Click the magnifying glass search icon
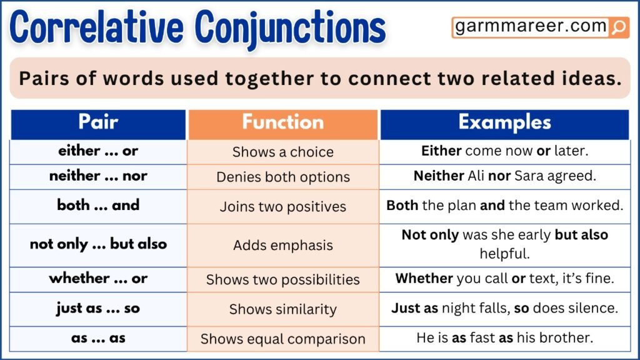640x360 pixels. [619, 27]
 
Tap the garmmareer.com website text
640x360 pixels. [531, 26]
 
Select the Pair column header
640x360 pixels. [98, 122]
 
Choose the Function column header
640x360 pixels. [283, 122]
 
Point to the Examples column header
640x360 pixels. [504, 122]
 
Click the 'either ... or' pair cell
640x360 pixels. [98, 151]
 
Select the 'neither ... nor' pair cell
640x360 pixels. [98, 176]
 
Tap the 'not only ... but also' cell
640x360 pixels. [98, 244]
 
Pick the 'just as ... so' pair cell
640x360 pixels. [98, 308]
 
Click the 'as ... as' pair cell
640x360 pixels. [98, 338]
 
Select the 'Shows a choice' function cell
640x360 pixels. [283, 152]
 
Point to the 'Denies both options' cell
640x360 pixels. [283, 177]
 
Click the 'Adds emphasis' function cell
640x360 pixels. [283, 245]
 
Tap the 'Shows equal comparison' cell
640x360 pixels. [283, 339]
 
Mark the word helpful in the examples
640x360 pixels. [504, 254]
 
